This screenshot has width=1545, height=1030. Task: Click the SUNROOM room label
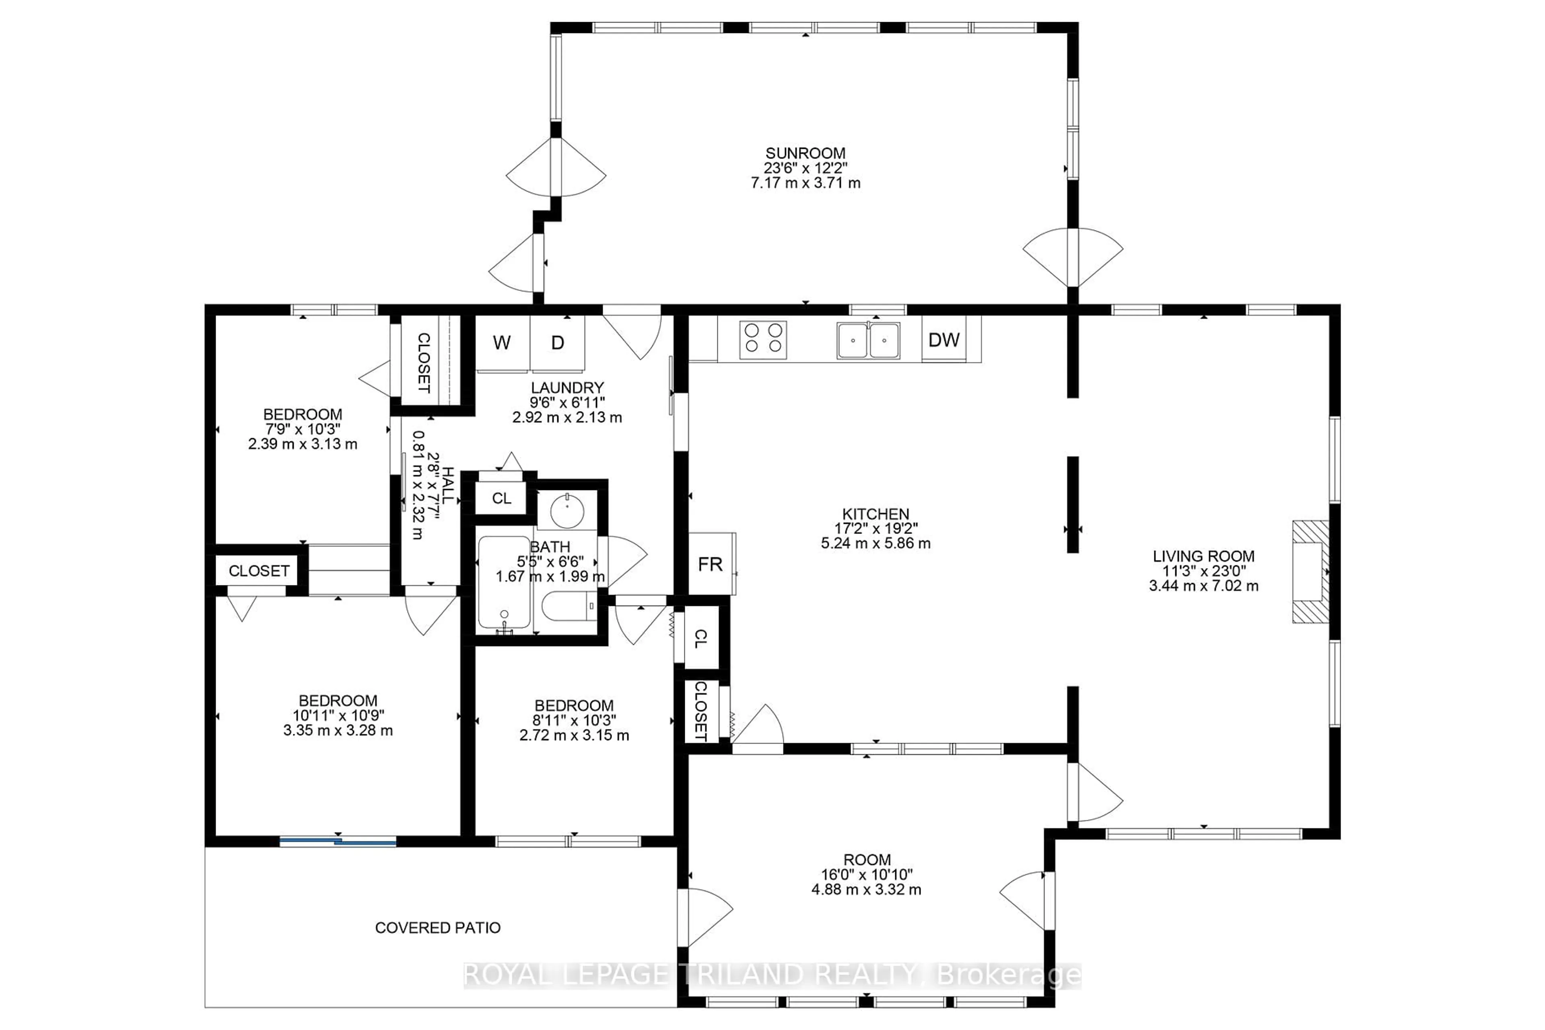pos(805,153)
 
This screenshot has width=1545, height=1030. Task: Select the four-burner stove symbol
pos(763,340)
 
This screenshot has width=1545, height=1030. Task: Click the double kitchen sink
pos(868,340)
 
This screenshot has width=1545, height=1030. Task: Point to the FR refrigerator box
pos(711,564)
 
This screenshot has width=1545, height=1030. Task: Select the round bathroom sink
pos(567,512)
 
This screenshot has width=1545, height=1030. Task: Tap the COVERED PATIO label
pos(437,927)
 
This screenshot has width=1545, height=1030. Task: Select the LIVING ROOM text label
pos(1203,556)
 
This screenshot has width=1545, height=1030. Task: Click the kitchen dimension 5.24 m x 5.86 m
pos(875,543)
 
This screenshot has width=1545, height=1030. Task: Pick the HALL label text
pos(448,486)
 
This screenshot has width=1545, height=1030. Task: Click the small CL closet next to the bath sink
pos(501,498)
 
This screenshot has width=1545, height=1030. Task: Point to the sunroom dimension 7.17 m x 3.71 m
pos(805,183)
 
